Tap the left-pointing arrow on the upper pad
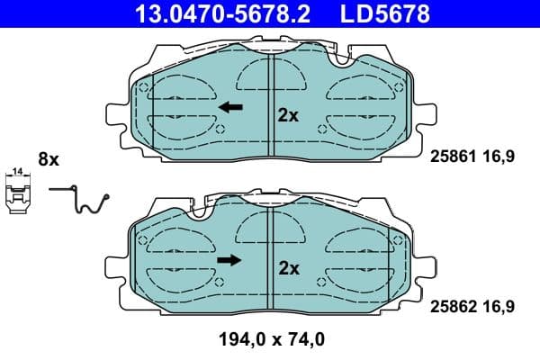pyautogui.click(x=231, y=107)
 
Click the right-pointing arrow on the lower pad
pyautogui.click(x=230, y=260)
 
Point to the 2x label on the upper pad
pyautogui.click(x=288, y=114)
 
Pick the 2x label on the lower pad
pyautogui.click(x=288, y=267)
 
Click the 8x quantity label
pyautogui.click(x=48, y=159)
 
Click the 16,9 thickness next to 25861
pyautogui.click(x=499, y=155)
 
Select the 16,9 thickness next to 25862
pyautogui.click(x=499, y=307)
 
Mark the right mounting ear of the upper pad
pyautogui.click(x=423, y=115)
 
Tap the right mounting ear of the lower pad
pyautogui.click(x=423, y=267)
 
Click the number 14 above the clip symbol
pyautogui.click(x=16, y=171)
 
